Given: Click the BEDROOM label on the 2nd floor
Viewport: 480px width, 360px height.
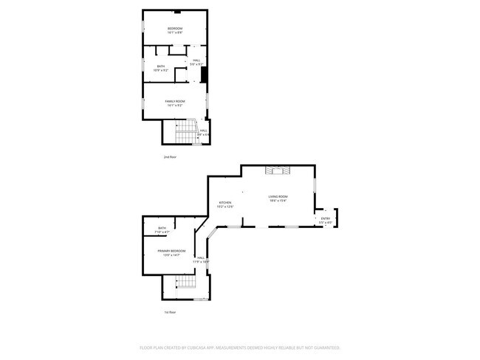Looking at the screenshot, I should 174,29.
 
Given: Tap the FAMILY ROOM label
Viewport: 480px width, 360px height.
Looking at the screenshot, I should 174,101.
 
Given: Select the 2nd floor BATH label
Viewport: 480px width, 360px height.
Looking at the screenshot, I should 161,66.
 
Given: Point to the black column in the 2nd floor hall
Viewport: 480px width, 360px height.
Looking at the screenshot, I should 204,75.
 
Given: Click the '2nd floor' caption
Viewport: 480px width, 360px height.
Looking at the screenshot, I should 170,157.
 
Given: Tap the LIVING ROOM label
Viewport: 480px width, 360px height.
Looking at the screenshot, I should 278,196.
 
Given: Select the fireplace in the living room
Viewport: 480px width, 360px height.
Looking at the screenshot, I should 278,171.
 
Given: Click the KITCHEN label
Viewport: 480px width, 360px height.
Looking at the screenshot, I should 225,203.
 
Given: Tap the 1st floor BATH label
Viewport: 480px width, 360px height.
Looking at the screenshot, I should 162,229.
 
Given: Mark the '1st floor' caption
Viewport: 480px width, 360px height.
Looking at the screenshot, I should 170,312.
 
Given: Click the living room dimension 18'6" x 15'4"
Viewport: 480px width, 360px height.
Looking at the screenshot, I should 278,201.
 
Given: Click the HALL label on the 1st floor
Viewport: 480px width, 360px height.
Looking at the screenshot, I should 201,257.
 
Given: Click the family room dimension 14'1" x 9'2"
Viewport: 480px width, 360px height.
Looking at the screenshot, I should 174,105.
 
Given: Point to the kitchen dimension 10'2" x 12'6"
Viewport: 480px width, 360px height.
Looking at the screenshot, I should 225,207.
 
